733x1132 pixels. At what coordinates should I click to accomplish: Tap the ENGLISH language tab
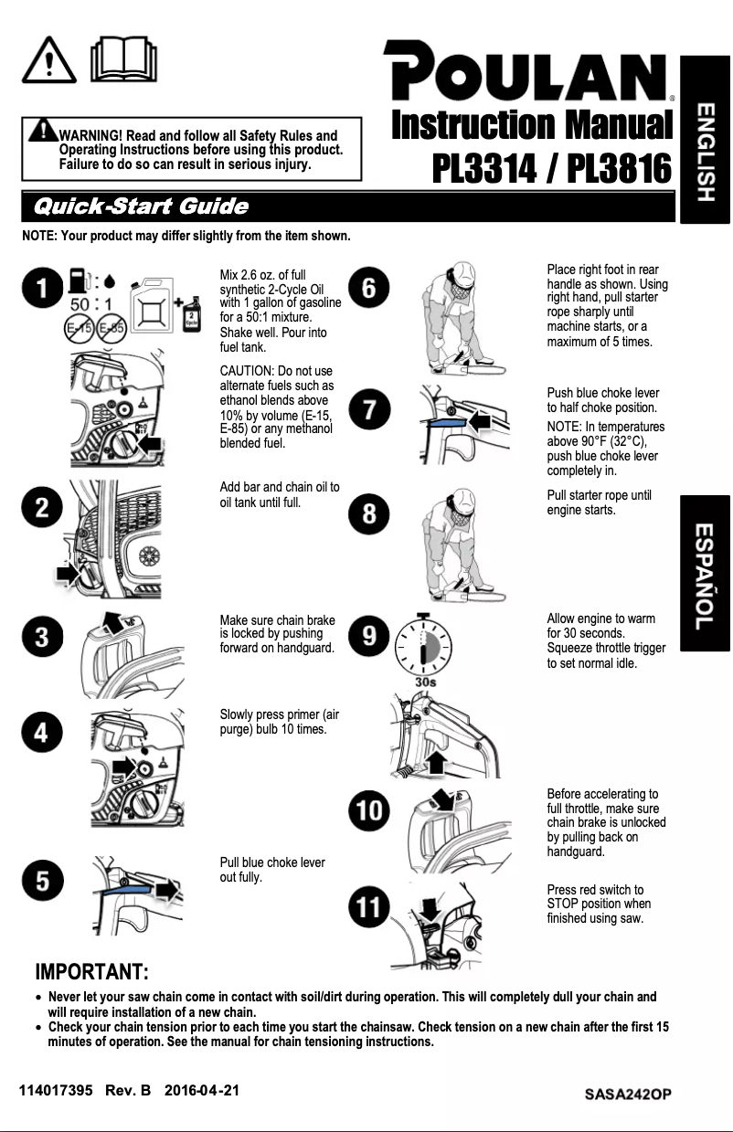pyautogui.click(x=705, y=139)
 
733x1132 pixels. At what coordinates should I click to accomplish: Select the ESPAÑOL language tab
pyautogui.click(x=705, y=573)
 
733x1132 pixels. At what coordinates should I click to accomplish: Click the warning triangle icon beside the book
pyautogui.click(x=49, y=61)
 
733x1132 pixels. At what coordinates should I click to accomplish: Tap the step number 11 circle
pyautogui.click(x=369, y=906)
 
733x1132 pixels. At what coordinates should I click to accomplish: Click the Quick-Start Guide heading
pyautogui.click(x=140, y=206)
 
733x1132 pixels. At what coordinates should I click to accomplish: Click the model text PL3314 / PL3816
pyautogui.click(x=551, y=167)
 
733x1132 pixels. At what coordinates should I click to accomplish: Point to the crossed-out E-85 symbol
pyautogui.click(x=112, y=326)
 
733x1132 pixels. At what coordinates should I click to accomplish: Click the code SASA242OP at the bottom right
pyautogui.click(x=630, y=1094)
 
